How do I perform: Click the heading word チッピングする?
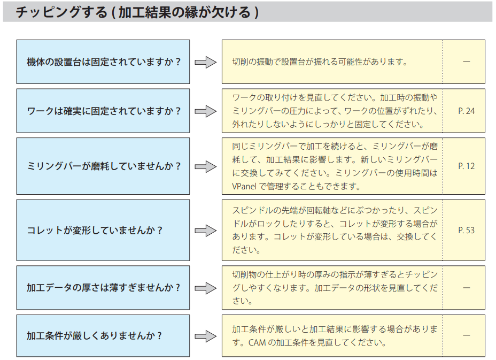click(x=62, y=12)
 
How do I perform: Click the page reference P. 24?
click(x=466, y=111)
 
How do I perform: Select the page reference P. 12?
click(x=466, y=166)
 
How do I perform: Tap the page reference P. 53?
click(x=466, y=230)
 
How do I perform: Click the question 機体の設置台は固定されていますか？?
click(x=104, y=62)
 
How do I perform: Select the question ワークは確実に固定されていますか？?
click(x=104, y=111)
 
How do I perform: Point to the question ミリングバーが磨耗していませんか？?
click(x=104, y=166)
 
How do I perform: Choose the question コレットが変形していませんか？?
click(x=94, y=230)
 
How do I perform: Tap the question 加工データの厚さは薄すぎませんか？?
click(x=104, y=287)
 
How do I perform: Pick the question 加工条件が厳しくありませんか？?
click(x=94, y=335)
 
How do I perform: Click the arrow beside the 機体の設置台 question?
click(x=206, y=62)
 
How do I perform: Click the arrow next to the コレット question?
click(x=206, y=231)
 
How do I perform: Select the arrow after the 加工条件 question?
click(x=206, y=336)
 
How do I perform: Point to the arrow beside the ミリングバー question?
click(x=206, y=166)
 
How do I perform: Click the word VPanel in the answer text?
click(x=244, y=187)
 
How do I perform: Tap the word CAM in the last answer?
click(x=257, y=342)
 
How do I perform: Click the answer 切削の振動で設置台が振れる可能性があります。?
click(x=320, y=62)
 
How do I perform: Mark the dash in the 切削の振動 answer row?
click(x=466, y=62)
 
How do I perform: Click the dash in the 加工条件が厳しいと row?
click(x=466, y=335)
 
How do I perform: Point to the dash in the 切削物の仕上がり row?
click(x=466, y=287)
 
